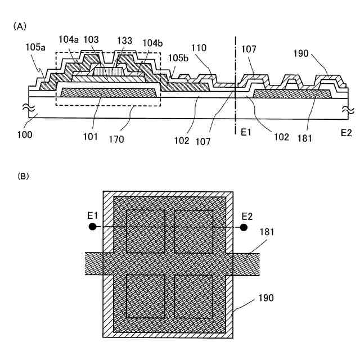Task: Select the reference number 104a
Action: click(69, 41)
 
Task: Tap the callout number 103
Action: click(91, 41)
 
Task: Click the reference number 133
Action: click(125, 41)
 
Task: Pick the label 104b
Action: click(152, 43)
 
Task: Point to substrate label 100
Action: click(25, 135)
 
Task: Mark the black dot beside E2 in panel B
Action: click(244, 227)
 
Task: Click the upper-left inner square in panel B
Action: click(146, 231)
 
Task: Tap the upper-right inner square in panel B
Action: click(193, 231)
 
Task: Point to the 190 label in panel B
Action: click(266, 298)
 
